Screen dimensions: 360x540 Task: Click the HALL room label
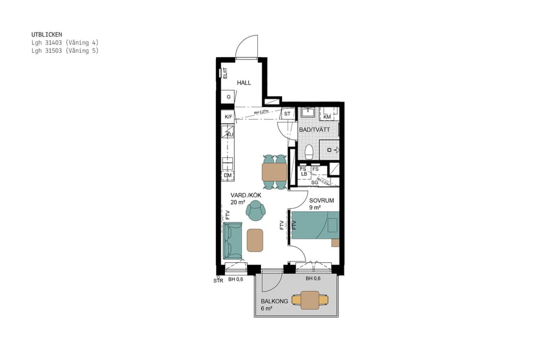(244, 83)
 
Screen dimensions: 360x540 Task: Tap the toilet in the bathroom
(309, 152)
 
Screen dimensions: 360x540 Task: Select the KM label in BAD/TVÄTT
(328, 116)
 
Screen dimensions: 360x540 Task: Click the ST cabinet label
(287, 113)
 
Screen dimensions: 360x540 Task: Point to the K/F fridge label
(228, 117)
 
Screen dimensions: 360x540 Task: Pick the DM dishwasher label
(228, 175)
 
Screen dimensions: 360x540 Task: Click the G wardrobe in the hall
(228, 97)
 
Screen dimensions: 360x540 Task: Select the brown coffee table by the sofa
(255, 240)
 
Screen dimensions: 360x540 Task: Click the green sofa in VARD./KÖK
(232, 241)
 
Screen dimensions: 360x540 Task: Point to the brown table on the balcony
(310, 299)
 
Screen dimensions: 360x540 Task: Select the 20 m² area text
(238, 203)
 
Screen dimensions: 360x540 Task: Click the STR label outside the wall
(218, 280)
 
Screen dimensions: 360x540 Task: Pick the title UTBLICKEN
(47, 35)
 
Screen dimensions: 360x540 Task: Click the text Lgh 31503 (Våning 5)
(65, 51)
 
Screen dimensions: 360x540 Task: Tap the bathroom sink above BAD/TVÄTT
(308, 112)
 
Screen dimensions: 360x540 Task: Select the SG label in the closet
(314, 182)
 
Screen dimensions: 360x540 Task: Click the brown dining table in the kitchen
(275, 172)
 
